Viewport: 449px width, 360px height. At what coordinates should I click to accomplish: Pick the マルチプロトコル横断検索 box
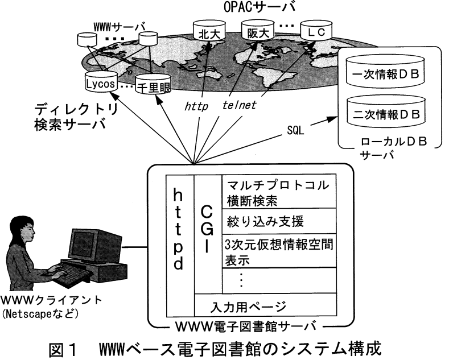pos(278,192)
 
